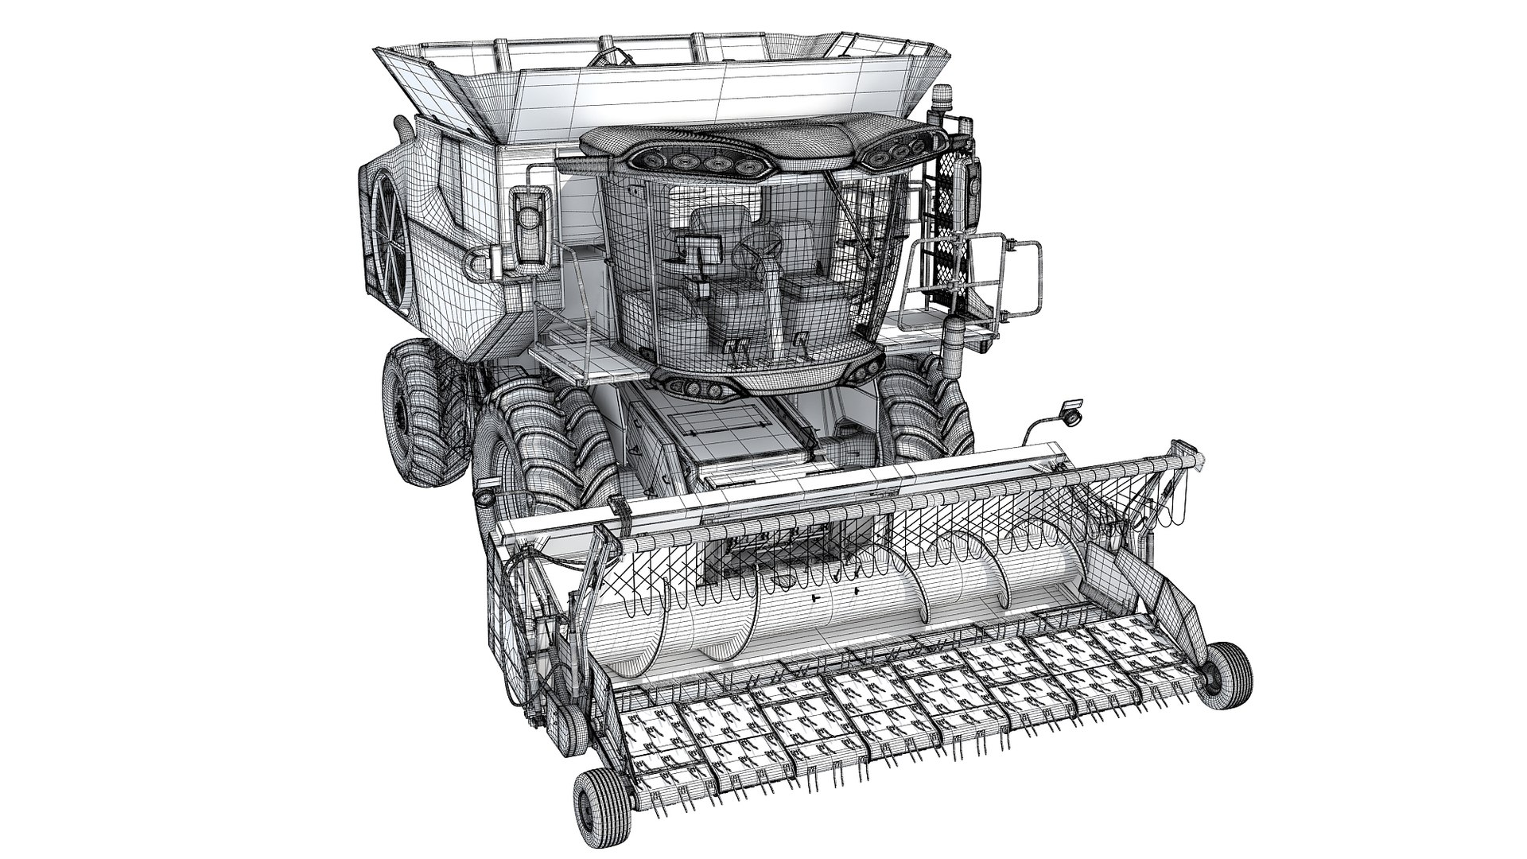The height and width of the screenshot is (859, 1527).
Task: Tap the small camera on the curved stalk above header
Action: point(1070,412)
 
